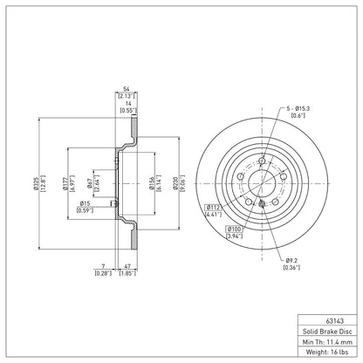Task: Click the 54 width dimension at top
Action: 127,89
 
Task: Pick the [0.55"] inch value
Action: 127,111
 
